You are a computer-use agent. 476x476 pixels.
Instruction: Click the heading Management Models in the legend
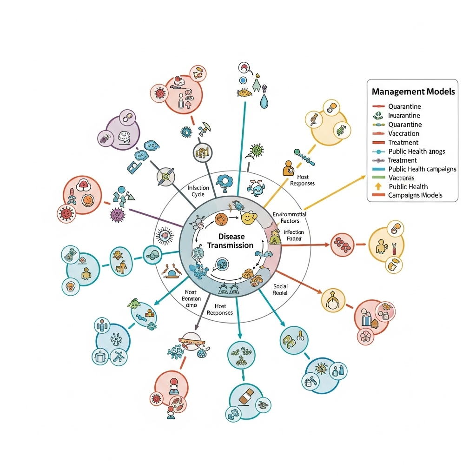point(413,92)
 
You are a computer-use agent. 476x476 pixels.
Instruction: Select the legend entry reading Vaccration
point(403,133)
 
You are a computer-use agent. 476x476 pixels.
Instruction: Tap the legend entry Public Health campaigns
point(422,169)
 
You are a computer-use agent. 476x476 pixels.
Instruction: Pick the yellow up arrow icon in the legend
point(378,186)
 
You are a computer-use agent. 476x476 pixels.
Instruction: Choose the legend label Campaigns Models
point(415,195)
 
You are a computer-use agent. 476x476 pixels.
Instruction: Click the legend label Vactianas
point(401,178)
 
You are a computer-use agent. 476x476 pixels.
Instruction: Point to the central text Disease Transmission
point(230,241)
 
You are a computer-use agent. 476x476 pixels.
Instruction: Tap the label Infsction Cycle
point(198,191)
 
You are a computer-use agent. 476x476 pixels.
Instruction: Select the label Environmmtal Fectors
point(286,217)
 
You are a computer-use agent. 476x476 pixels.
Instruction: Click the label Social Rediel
point(280,290)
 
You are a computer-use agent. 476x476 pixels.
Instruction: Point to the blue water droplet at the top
point(264,101)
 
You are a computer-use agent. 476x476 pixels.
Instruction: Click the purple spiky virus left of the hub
point(117,214)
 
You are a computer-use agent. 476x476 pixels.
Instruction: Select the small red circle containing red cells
point(343,243)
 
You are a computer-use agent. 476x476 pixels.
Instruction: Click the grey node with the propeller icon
point(165,177)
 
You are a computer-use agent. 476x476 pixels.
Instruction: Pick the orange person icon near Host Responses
point(288,167)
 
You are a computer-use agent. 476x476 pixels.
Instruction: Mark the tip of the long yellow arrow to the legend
point(365,176)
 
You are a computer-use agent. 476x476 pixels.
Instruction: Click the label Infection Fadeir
point(293,235)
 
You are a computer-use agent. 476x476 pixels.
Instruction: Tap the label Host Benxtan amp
point(191,299)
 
